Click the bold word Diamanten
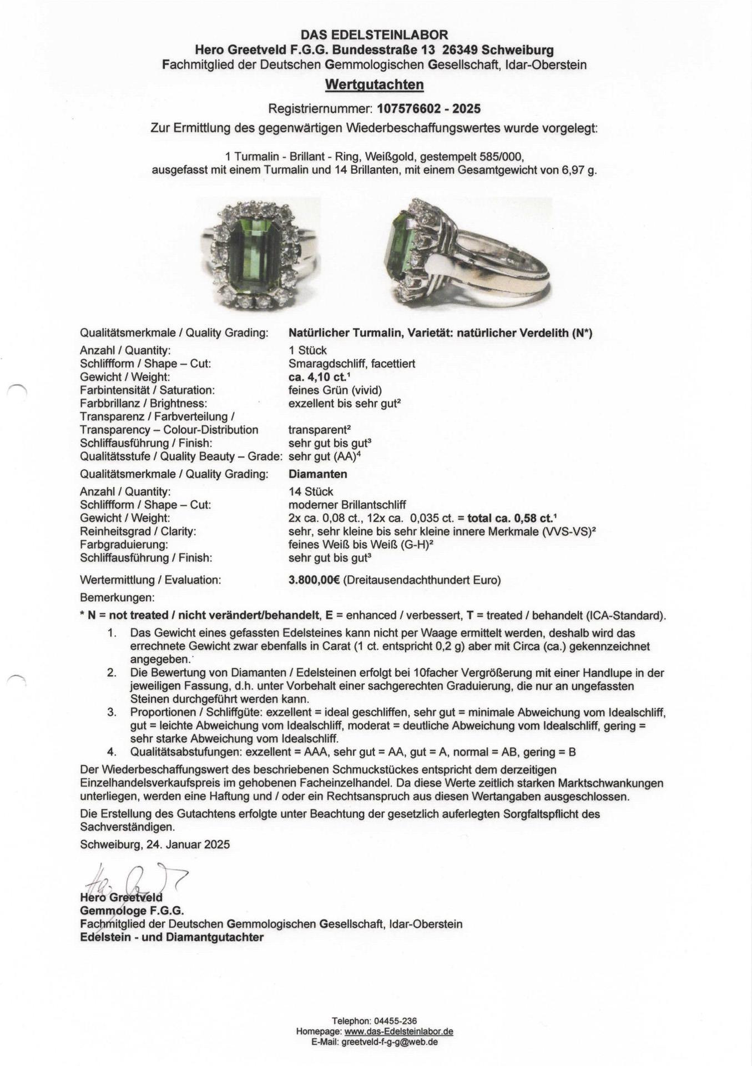tap(318, 474)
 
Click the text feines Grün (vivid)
tap(335, 390)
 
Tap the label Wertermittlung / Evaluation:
tap(150, 580)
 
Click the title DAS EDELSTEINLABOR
tap(374, 36)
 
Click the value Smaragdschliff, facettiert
tap(352, 364)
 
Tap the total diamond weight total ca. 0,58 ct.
tap(511, 518)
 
